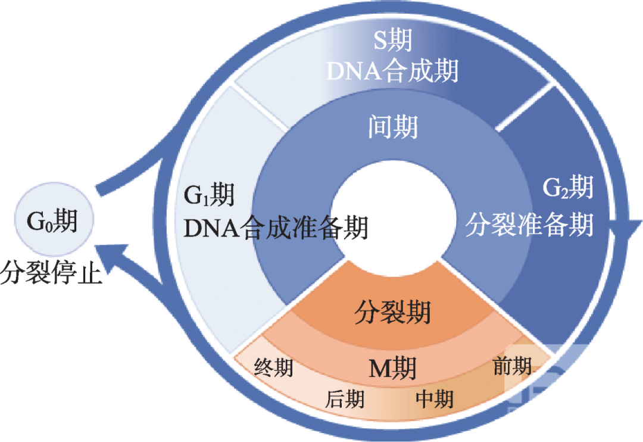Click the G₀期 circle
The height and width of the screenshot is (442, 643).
[52, 222]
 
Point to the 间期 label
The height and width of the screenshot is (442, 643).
[392, 127]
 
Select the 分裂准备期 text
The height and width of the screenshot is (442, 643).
[529, 226]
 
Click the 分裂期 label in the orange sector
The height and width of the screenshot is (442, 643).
[392, 311]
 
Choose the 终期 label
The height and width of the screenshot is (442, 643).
[273, 368]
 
